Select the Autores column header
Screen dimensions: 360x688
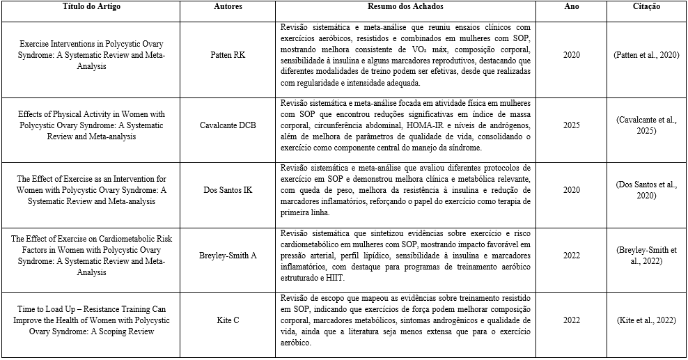click(227, 7)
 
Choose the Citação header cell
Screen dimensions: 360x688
click(647, 7)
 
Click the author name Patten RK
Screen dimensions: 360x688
click(227, 54)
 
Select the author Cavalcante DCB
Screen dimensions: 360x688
click(227, 125)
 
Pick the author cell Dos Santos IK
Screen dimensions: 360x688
click(227, 190)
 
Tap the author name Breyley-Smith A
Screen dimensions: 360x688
click(227, 255)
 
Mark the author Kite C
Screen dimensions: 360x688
click(227, 320)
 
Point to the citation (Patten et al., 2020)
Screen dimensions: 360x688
click(646, 54)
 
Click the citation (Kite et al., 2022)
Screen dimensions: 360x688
click(646, 320)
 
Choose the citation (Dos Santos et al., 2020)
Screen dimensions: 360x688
click(646, 190)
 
